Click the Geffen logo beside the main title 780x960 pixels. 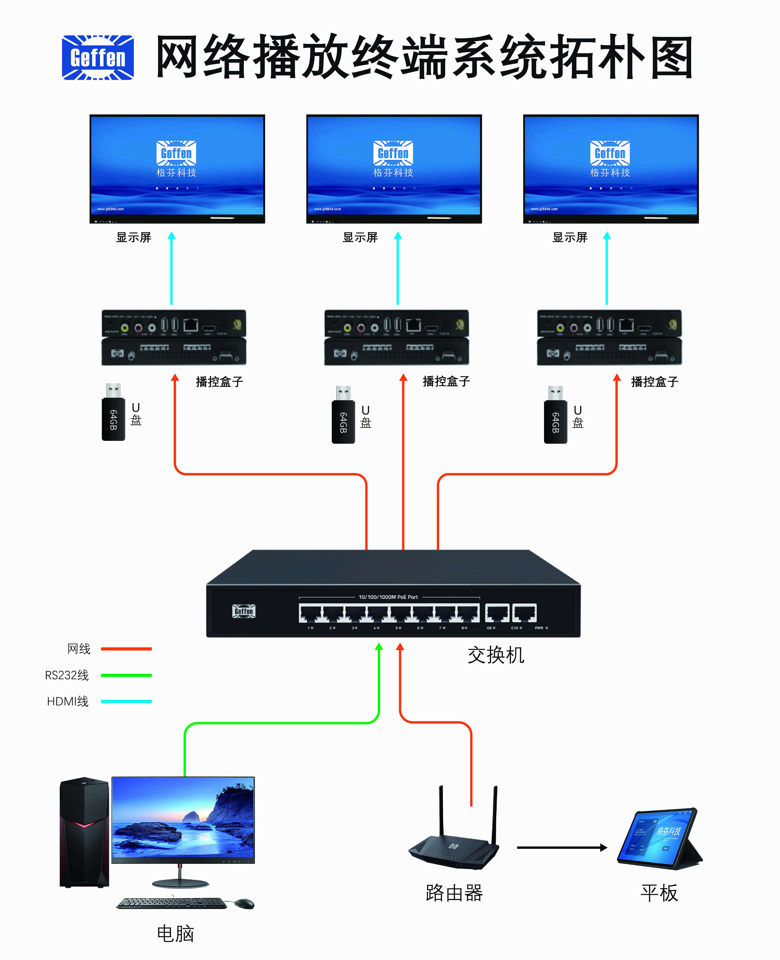[x=98, y=58]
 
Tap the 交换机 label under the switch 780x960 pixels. [x=496, y=655]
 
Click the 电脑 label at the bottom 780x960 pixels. [x=175, y=933]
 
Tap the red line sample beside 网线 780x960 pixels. [x=126, y=649]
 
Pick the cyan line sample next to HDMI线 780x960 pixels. [x=126, y=701]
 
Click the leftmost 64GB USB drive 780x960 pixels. [x=113, y=412]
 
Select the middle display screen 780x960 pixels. [x=394, y=168]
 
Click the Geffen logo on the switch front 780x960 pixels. [x=244, y=611]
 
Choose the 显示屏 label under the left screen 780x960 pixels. [x=133, y=237]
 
